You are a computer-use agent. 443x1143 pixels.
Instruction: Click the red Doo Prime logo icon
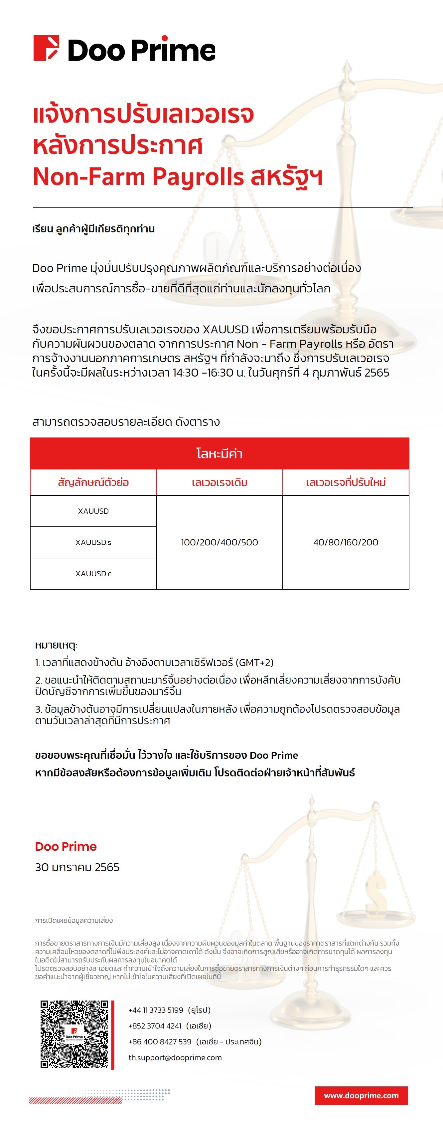pyautogui.click(x=46, y=48)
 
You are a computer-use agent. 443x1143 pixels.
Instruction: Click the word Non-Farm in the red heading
pyautogui.click(x=89, y=176)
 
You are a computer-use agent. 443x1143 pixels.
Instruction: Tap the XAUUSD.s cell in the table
pyautogui.click(x=93, y=542)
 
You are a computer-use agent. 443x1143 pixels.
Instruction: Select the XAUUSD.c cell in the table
pyautogui.click(x=93, y=573)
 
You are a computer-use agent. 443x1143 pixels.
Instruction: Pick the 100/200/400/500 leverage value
pyautogui.click(x=220, y=542)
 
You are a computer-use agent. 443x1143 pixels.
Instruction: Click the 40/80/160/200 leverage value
pyautogui.click(x=346, y=542)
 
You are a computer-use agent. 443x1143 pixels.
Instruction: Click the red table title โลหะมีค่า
pyautogui.click(x=220, y=453)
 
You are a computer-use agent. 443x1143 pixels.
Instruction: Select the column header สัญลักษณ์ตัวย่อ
pyautogui.click(x=93, y=482)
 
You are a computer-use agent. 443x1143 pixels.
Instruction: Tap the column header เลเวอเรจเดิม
pyautogui.click(x=220, y=482)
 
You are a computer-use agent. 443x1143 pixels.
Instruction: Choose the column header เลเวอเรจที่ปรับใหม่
pyautogui.click(x=346, y=482)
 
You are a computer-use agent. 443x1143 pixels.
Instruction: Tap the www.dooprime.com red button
pyautogui.click(x=361, y=1095)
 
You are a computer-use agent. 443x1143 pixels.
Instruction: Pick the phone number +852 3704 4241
pyautogui.click(x=155, y=1026)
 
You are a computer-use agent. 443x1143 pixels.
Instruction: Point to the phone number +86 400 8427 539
pyautogui.click(x=160, y=1041)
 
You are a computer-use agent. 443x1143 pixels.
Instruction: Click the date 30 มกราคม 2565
pyautogui.click(x=77, y=867)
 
